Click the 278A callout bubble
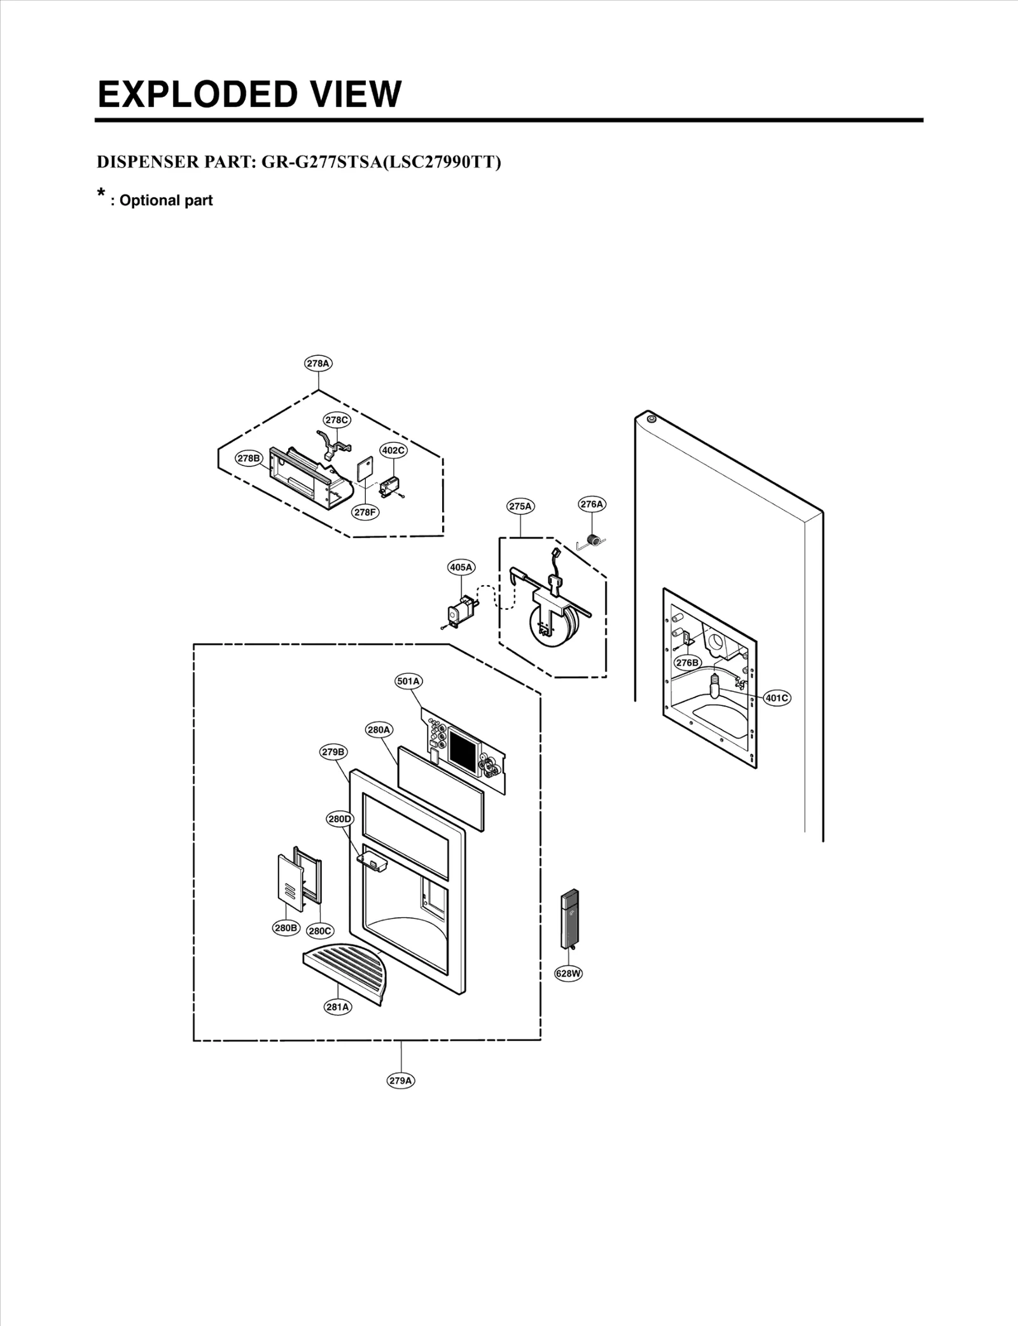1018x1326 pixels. coord(318,363)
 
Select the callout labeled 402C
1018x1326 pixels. coord(393,450)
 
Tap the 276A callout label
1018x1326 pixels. coord(592,504)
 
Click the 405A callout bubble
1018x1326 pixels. coord(461,567)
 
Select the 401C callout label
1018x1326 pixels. coord(776,698)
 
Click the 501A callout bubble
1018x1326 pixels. coord(408,681)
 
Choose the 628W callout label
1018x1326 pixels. coord(568,973)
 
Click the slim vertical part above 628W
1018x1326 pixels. coord(569,919)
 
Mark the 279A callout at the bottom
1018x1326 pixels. coord(401,1080)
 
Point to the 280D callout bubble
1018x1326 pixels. coord(340,819)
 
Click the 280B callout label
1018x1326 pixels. coord(286,927)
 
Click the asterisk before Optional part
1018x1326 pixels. coord(101,194)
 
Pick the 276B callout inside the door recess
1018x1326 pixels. coord(688,663)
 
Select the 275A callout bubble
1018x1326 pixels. coord(520,506)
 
